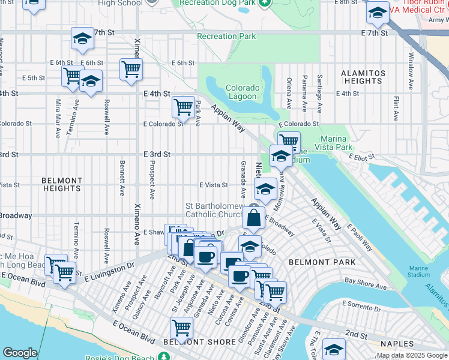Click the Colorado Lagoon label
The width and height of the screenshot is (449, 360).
point(243,92)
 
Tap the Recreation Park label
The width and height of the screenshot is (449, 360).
point(226,37)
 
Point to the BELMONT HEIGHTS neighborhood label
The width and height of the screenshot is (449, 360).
point(62,184)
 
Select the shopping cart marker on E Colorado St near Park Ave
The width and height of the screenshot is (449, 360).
point(182,107)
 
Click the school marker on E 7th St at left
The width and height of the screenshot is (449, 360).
point(82,39)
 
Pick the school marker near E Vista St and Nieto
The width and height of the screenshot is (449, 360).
point(265,189)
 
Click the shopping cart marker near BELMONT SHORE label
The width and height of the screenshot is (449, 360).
point(181,328)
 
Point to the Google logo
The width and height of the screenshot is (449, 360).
point(20,353)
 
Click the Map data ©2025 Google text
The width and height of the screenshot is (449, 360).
point(412,355)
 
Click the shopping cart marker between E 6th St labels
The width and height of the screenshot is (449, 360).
point(130,69)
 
